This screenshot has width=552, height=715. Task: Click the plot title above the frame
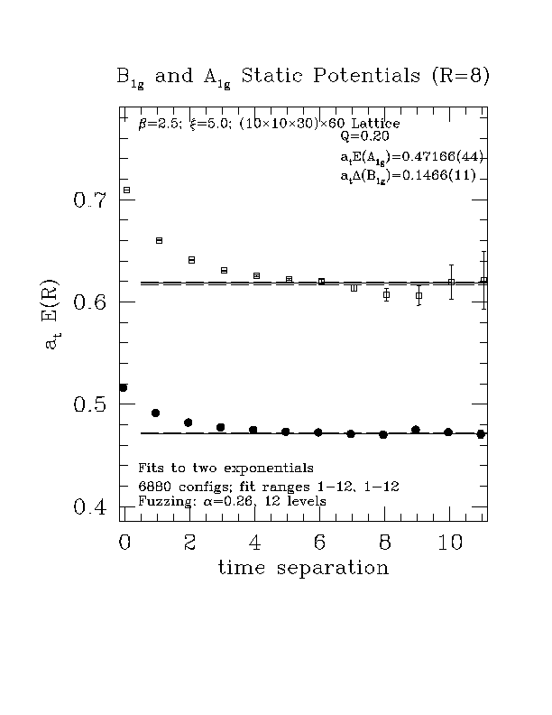[303, 76]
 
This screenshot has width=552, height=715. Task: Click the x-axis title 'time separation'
[303, 568]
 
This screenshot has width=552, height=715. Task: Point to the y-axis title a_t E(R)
[52, 312]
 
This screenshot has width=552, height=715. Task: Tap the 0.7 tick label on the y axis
[90, 200]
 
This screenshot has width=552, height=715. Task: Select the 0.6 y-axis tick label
[90, 302]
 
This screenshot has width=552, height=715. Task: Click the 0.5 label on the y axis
[90, 404]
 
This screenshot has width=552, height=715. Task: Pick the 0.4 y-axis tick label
[90, 507]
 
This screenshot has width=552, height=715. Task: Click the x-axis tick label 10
[450, 542]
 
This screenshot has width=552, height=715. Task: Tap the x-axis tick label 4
[254, 542]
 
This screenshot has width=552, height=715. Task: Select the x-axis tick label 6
[319, 542]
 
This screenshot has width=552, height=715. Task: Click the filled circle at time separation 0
[124, 387]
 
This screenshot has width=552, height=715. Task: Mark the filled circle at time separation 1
[156, 413]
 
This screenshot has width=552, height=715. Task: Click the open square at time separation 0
[126, 190]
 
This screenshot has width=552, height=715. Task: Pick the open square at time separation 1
[159, 240]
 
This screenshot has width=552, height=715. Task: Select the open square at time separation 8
[386, 294]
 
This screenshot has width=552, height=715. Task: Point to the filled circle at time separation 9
[415, 430]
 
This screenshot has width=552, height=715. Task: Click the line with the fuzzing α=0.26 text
[232, 500]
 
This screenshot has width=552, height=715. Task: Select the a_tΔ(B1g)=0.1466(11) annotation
[407, 175]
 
